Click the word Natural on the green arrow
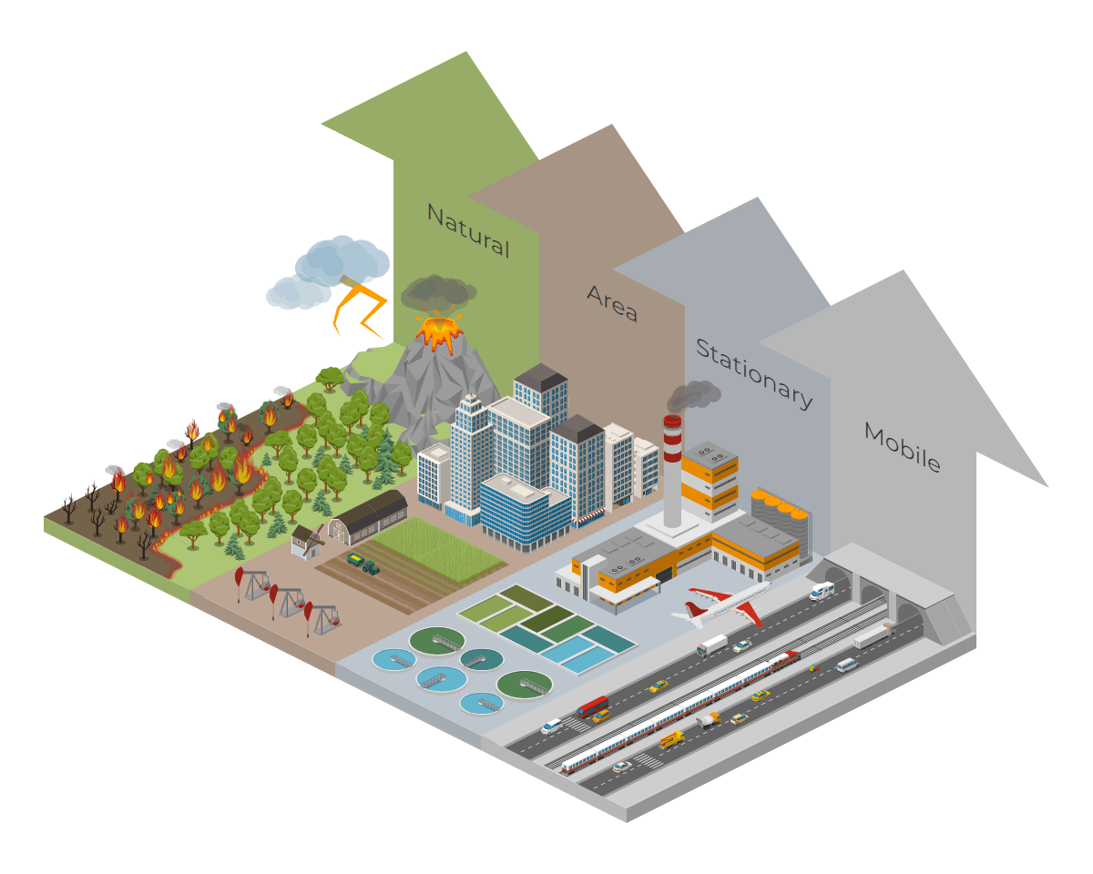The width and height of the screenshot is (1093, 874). pyautogui.click(x=468, y=230)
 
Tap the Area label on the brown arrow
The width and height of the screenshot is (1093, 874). pyautogui.click(x=612, y=303)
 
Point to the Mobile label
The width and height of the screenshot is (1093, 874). pyautogui.click(x=902, y=447)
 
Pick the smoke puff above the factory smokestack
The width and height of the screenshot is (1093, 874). pyautogui.click(x=692, y=396)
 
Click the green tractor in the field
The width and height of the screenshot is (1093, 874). pyautogui.click(x=371, y=566)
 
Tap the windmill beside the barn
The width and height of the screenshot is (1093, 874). pyautogui.click(x=306, y=541)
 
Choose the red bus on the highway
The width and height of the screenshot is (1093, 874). pyautogui.click(x=593, y=706)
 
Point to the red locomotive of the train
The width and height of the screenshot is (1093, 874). pyautogui.click(x=784, y=659)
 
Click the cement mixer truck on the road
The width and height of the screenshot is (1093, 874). pyautogui.click(x=707, y=721)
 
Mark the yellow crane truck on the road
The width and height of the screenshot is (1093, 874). pyautogui.click(x=671, y=739)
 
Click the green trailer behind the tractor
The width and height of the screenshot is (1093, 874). pyautogui.click(x=355, y=559)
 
